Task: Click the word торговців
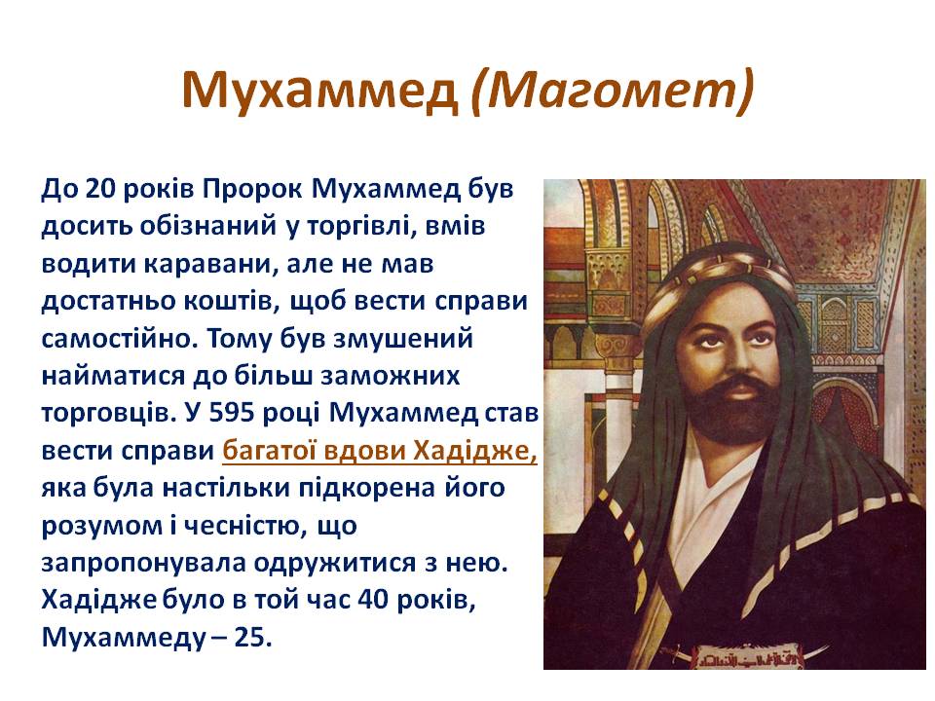[105, 414]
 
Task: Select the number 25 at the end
[251, 639]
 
